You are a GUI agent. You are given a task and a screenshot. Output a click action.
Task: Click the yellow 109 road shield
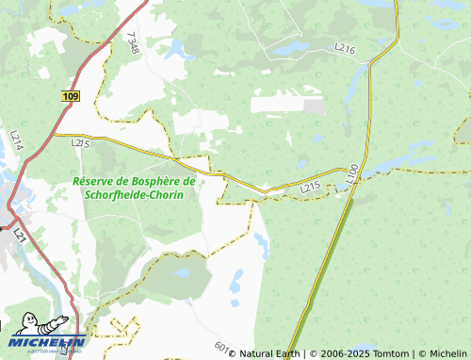click(72, 96)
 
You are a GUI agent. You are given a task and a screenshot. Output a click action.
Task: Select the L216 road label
click(345, 47)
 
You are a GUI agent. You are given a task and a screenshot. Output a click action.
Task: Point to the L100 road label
click(352, 173)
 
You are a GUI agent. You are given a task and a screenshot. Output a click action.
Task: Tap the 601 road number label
click(221, 347)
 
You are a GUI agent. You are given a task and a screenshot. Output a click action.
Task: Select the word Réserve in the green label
click(97, 180)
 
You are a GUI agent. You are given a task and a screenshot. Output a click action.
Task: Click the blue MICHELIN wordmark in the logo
click(49, 342)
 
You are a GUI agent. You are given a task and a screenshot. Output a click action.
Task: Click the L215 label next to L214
click(80, 143)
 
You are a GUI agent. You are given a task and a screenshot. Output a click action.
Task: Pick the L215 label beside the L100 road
click(312, 189)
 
